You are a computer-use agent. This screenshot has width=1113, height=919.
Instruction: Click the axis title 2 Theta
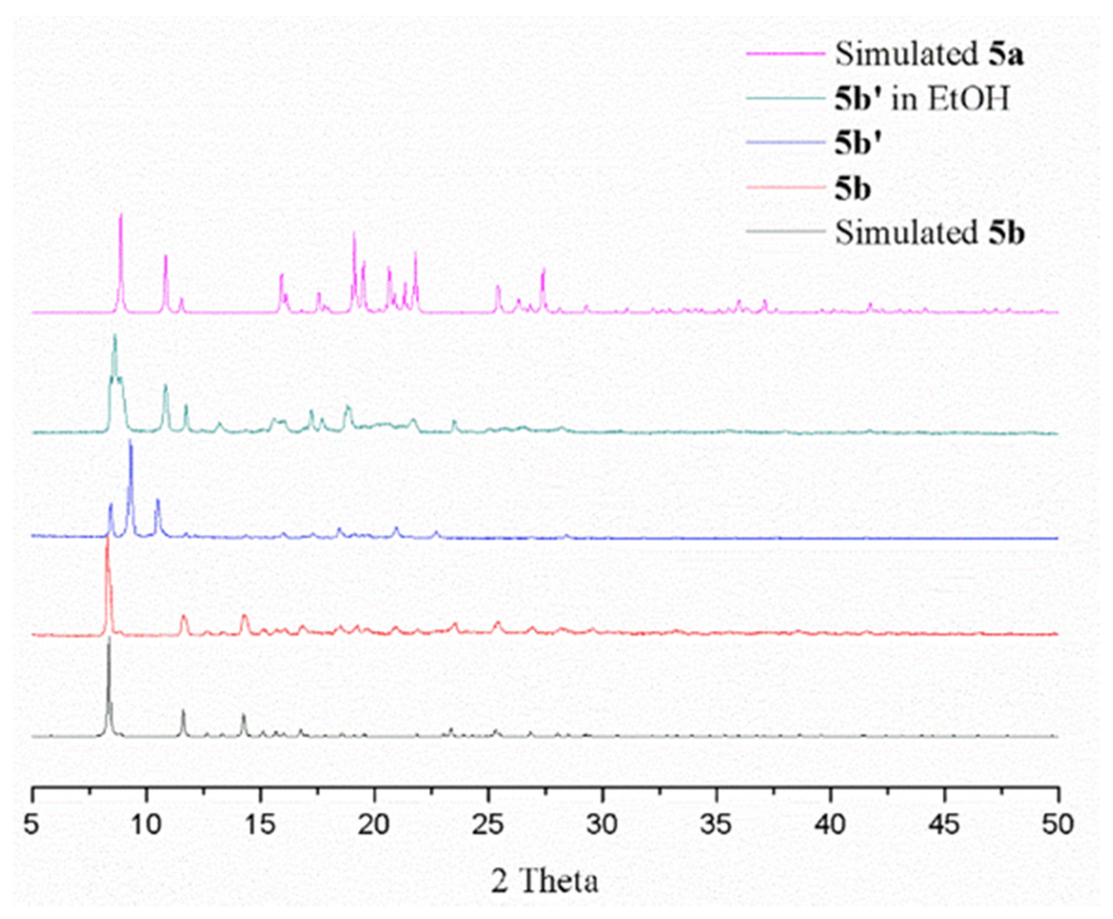click(x=545, y=882)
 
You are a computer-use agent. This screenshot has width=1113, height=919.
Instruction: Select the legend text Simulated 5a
click(x=929, y=54)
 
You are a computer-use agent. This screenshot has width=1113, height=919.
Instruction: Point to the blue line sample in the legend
click(x=786, y=143)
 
